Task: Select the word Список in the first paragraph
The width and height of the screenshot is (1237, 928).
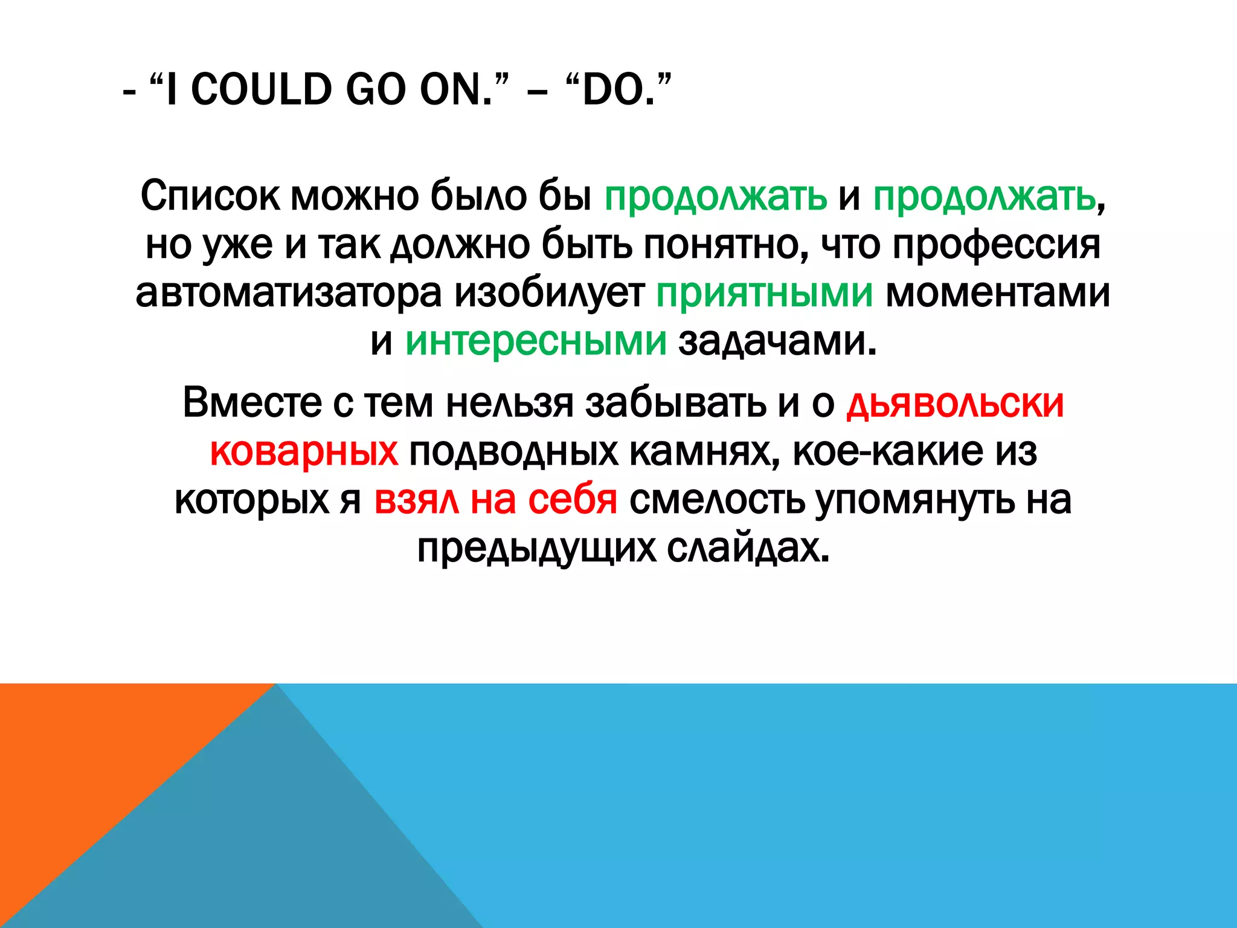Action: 210,196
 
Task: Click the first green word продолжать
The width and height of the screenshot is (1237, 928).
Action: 716,196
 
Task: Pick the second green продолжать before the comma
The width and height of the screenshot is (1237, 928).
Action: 984,196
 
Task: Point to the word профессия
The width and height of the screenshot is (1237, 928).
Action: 996,245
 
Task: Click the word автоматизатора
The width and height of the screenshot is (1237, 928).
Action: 289,293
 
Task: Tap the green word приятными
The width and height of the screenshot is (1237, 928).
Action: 765,293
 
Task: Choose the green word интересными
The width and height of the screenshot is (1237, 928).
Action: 536,341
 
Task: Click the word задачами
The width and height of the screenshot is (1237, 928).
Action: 777,341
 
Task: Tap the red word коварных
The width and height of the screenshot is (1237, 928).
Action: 304,451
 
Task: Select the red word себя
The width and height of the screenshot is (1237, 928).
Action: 573,500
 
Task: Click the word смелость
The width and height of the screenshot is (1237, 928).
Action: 717,500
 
